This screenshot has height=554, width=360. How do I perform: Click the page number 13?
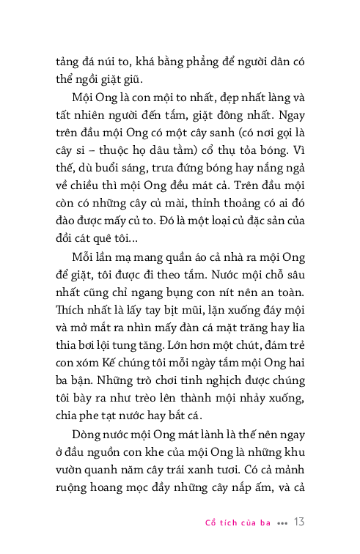pos(299,522)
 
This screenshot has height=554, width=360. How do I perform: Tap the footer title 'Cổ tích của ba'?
pos(238,523)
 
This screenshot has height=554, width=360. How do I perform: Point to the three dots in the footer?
pos(282,524)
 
